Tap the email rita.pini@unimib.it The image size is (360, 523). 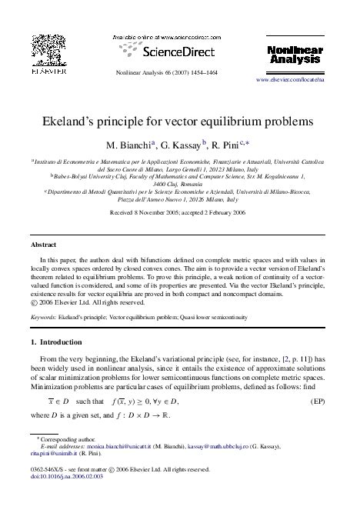pyautogui.click(x=52, y=455)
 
